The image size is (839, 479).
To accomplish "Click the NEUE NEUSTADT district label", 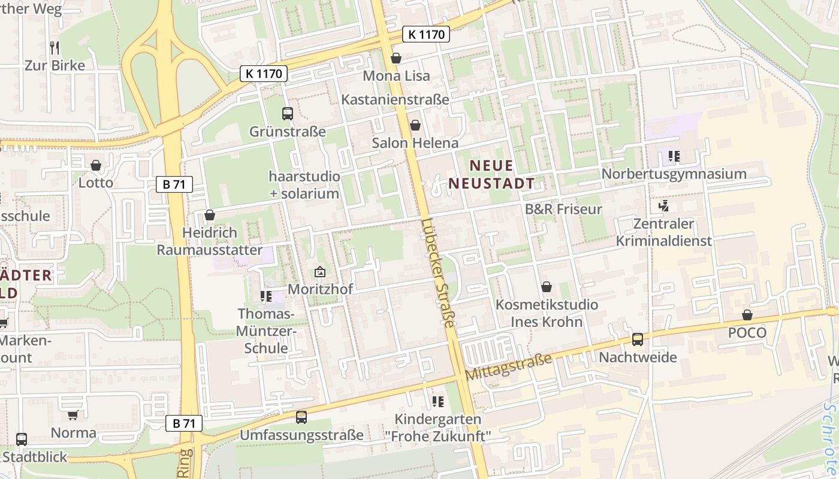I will pyautogui.click(x=491, y=174).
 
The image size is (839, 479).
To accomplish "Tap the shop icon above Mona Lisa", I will pyautogui.click(x=396, y=58).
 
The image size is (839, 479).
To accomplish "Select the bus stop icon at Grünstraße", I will pyautogui.click(x=288, y=113).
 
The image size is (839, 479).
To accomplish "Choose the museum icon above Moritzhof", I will pyautogui.click(x=320, y=272).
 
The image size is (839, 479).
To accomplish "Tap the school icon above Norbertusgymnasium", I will pyautogui.click(x=674, y=156).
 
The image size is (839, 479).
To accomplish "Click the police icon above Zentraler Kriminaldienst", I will pyautogui.click(x=663, y=207).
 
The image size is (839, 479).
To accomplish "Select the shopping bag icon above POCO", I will pyautogui.click(x=747, y=315).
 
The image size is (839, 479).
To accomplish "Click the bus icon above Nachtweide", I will pyautogui.click(x=638, y=339).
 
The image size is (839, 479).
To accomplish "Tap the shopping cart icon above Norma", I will pyautogui.click(x=73, y=415).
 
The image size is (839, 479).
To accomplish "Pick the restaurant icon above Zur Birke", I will pyautogui.click(x=55, y=47).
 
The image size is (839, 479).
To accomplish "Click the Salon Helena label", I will pyautogui.click(x=415, y=143).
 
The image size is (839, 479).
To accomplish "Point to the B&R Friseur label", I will pyautogui.click(x=563, y=209).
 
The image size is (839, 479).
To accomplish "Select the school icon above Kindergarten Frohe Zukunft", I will pyautogui.click(x=437, y=401).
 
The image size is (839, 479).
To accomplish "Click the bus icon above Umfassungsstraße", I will pyautogui.click(x=301, y=417).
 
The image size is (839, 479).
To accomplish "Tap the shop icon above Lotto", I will pyautogui.click(x=96, y=165).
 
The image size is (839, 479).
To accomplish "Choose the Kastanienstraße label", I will pyautogui.click(x=395, y=99).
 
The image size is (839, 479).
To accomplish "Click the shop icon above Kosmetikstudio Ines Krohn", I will pyautogui.click(x=546, y=287).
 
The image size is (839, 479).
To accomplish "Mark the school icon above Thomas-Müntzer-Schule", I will pyautogui.click(x=265, y=296).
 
